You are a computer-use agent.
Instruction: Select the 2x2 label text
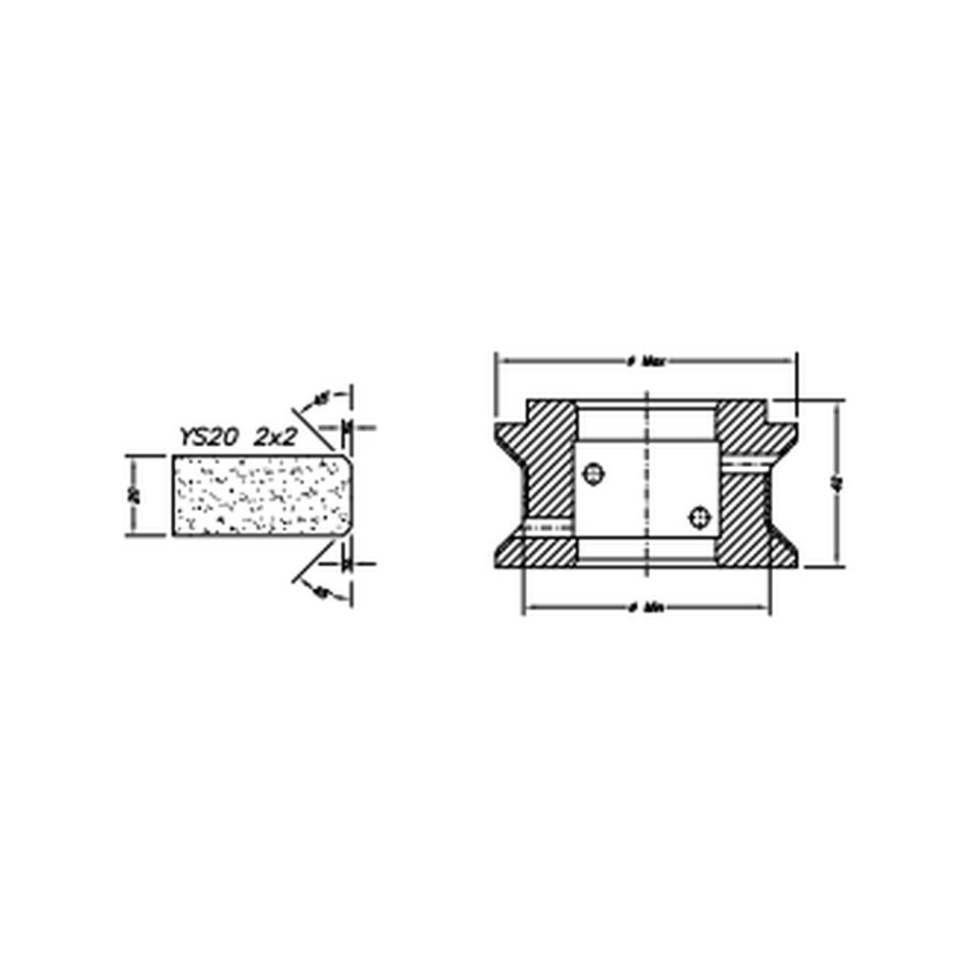coord(275,437)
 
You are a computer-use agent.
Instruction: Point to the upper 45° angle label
coord(323,397)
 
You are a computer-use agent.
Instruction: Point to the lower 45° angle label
coord(322,592)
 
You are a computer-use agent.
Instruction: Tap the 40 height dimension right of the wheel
coord(836,483)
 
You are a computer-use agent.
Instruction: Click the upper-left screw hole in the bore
coord(594,473)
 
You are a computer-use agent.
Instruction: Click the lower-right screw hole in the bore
coord(701,516)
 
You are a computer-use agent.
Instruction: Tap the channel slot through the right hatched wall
coord(748,463)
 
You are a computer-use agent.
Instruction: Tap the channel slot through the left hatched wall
coord(548,527)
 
